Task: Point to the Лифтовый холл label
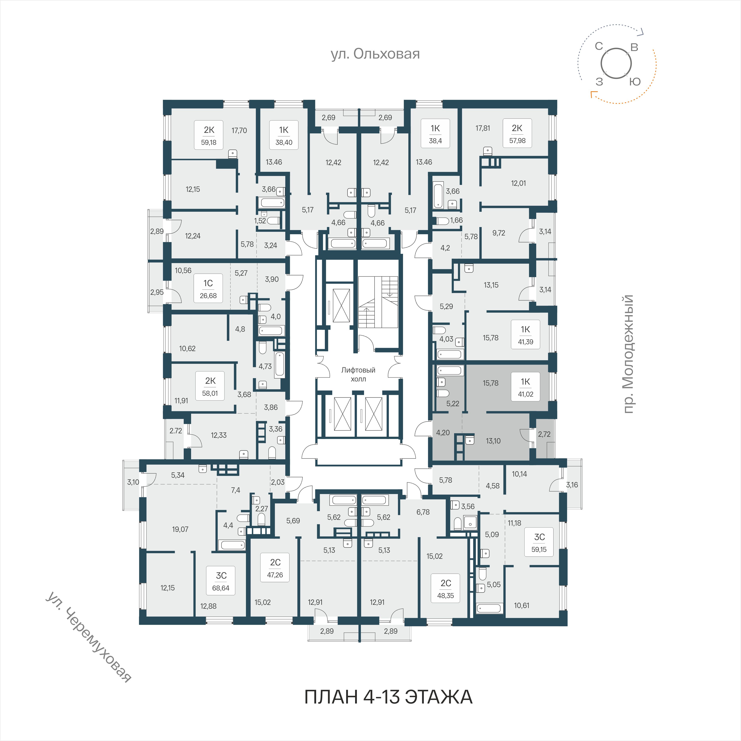(x=358, y=374)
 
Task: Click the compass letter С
(x=599, y=46)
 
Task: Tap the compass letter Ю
(x=635, y=81)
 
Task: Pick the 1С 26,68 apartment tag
(x=208, y=288)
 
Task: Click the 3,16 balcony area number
(x=572, y=485)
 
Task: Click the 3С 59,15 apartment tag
(x=539, y=542)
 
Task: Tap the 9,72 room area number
(x=499, y=233)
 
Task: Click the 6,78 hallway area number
(x=423, y=512)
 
